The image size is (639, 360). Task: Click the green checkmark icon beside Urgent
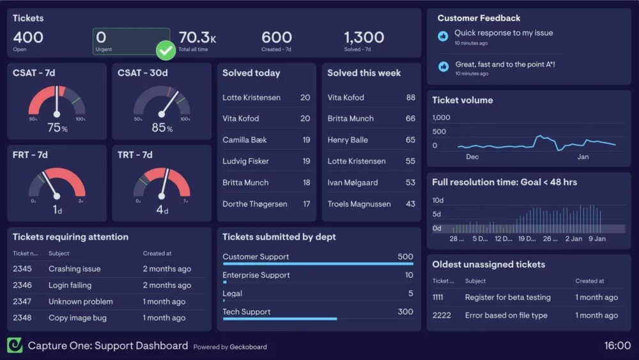point(166,50)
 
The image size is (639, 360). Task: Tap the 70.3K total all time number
point(197,38)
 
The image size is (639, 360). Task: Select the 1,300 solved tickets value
point(364,38)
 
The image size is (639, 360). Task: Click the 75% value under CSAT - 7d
point(57,128)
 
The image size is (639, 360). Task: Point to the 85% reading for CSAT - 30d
point(162,128)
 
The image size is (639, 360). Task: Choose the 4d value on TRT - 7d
point(162,210)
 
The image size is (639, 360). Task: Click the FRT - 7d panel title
point(30,155)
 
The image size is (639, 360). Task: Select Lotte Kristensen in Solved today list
point(251,97)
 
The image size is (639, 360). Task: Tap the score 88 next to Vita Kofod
point(410,97)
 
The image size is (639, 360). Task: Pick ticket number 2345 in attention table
point(22,269)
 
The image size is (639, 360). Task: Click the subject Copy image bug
point(77,318)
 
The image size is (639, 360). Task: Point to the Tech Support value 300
point(405,311)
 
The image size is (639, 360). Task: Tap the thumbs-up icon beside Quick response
point(443,36)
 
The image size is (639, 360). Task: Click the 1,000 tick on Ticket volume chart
point(441,118)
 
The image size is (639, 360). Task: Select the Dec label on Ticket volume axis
point(472,157)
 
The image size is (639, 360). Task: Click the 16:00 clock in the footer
point(617,346)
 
